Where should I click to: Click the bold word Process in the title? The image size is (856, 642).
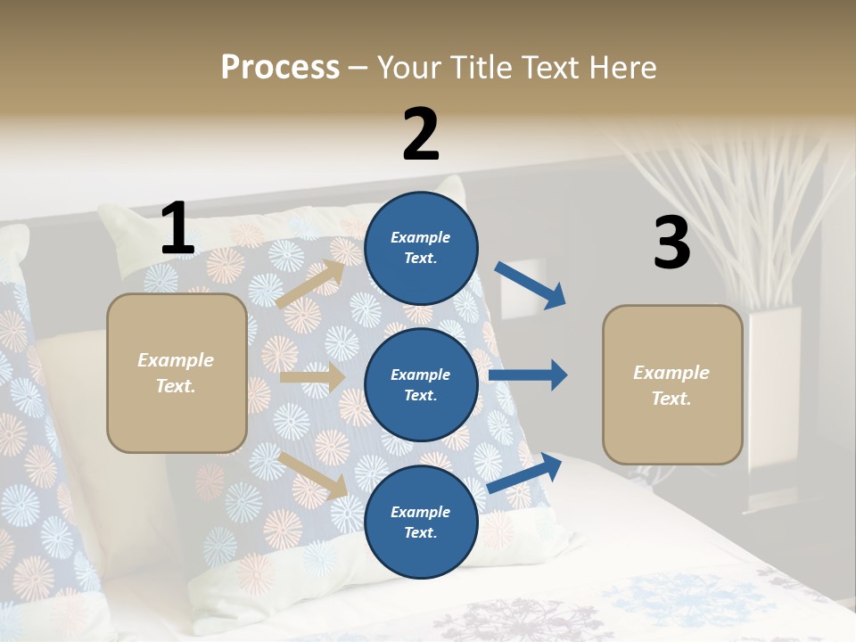(280, 67)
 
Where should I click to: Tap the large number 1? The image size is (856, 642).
(177, 229)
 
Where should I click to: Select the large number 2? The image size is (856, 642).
(421, 135)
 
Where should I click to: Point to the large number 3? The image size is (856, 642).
(671, 243)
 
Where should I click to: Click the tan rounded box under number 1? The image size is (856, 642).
(177, 373)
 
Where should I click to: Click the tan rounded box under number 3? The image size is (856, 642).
(672, 385)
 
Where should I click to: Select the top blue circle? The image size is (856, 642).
(421, 248)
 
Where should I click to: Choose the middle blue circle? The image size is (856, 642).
(421, 385)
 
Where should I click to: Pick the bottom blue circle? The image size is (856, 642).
(421, 522)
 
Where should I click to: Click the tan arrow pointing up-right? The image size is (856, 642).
(311, 284)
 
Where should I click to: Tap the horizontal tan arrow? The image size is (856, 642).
(312, 377)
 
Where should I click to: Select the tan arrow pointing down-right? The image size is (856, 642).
(313, 475)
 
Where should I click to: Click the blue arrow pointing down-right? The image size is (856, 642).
(530, 284)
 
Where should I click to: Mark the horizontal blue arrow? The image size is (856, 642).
(527, 375)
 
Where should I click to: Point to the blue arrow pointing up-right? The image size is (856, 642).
(525, 473)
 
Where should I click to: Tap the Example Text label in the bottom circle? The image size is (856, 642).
(421, 522)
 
